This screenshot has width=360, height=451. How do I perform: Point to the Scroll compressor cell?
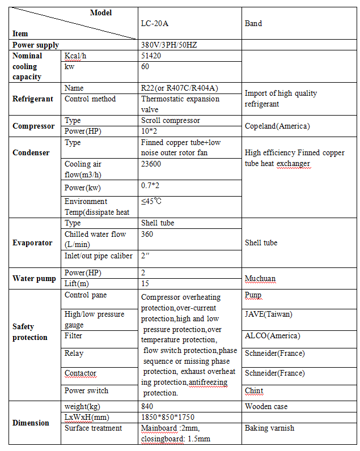click(x=170, y=121)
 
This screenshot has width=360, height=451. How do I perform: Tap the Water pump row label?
click(x=34, y=278)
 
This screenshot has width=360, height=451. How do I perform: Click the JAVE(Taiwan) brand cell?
click(x=269, y=314)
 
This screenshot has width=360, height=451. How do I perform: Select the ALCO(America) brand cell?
click(x=271, y=336)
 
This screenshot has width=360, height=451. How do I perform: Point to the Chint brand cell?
click(x=254, y=390)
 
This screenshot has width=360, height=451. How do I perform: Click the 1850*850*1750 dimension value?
click(x=168, y=417)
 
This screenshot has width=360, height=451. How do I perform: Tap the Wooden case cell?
click(x=266, y=406)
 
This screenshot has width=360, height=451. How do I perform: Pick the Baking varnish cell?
click(x=269, y=428)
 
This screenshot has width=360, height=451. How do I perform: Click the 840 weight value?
click(x=147, y=406)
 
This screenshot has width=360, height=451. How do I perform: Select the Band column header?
click(x=253, y=24)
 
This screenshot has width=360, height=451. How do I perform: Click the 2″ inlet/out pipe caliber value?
click(x=146, y=256)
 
